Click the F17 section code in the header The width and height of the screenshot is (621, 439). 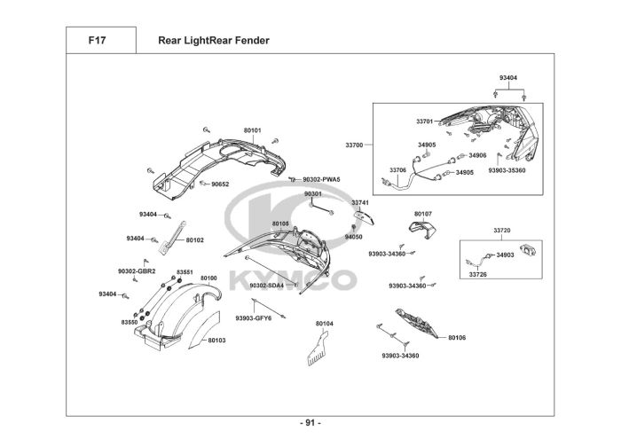[99, 41]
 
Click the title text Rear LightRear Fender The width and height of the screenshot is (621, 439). [214, 41]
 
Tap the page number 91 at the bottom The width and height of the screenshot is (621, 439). [310, 422]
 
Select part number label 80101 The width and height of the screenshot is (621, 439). [253, 130]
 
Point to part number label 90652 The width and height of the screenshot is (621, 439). [220, 184]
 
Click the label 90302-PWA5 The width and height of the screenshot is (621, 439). [321, 179]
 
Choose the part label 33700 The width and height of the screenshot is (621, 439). [355, 144]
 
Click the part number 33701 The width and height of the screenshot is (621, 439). [424, 121]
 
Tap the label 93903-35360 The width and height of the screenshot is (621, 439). [507, 170]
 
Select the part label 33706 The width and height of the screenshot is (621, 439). [398, 169]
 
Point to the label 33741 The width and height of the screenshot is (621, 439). [360, 202]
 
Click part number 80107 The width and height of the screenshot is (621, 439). [423, 214]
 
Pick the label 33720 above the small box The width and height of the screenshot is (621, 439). [502, 230]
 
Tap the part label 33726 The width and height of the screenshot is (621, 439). [477, 274]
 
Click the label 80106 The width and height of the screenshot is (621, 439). [457, 338]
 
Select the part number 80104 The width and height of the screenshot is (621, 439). [325, 324]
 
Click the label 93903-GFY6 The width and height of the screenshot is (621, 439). [253, 317]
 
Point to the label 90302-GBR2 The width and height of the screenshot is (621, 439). [137, 270]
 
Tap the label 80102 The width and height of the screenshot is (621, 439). [195, 240]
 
